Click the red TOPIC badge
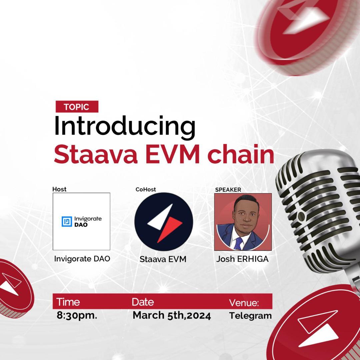[x=77, y=107]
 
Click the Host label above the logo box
[x=59, y=189]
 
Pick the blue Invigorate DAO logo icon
[x=67, y=222]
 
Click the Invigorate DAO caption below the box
[x=82, y=259]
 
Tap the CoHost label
[x=146, y=189]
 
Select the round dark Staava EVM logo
[x=164, y=222]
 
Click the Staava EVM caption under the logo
[x=163, y=259]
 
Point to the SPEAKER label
[x=228, y=190]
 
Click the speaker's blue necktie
[x=238, y=243]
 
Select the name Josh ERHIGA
[x=242, y=259]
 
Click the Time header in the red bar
[x=68, y=302]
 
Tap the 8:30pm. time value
[x=77, y=315]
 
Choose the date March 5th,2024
[x=172, y=315]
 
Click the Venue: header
[x=244, y=303]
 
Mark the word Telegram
[x=250, y=316]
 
